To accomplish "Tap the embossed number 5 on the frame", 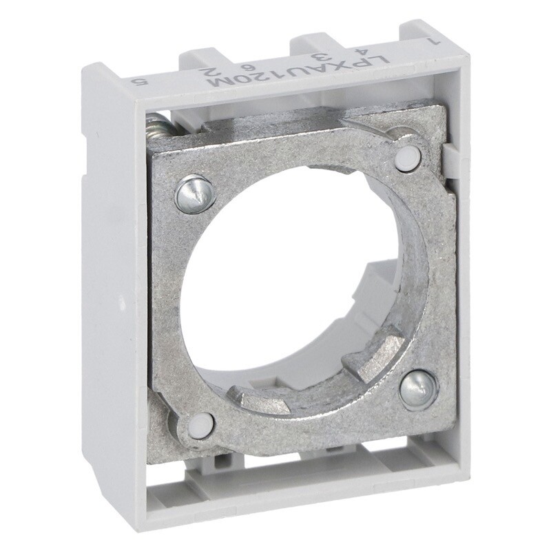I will tap(142, 81).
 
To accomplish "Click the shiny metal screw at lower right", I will tap(418, 389).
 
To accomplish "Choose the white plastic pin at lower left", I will tap(200, 426).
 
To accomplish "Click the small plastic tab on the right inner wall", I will tap(450, 158).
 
